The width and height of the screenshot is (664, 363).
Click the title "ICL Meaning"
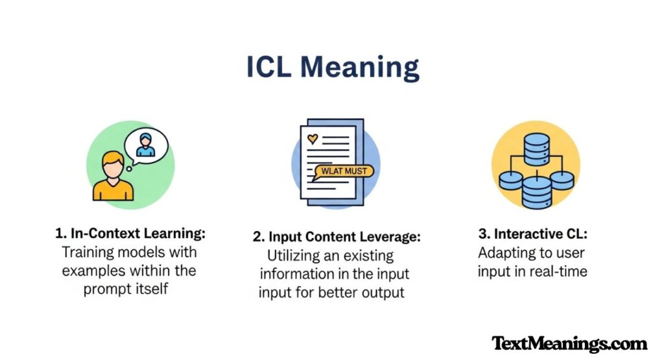[x=332, y=68]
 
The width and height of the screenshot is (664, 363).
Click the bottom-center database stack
[x=536, y=191]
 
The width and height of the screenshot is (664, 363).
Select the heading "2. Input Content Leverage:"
[x=335, y=237]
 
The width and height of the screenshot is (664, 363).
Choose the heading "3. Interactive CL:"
[x=532, y=232]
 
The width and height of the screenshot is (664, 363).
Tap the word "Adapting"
[x=503, y=251]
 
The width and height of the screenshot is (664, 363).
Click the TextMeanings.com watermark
[x=569, y=343]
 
